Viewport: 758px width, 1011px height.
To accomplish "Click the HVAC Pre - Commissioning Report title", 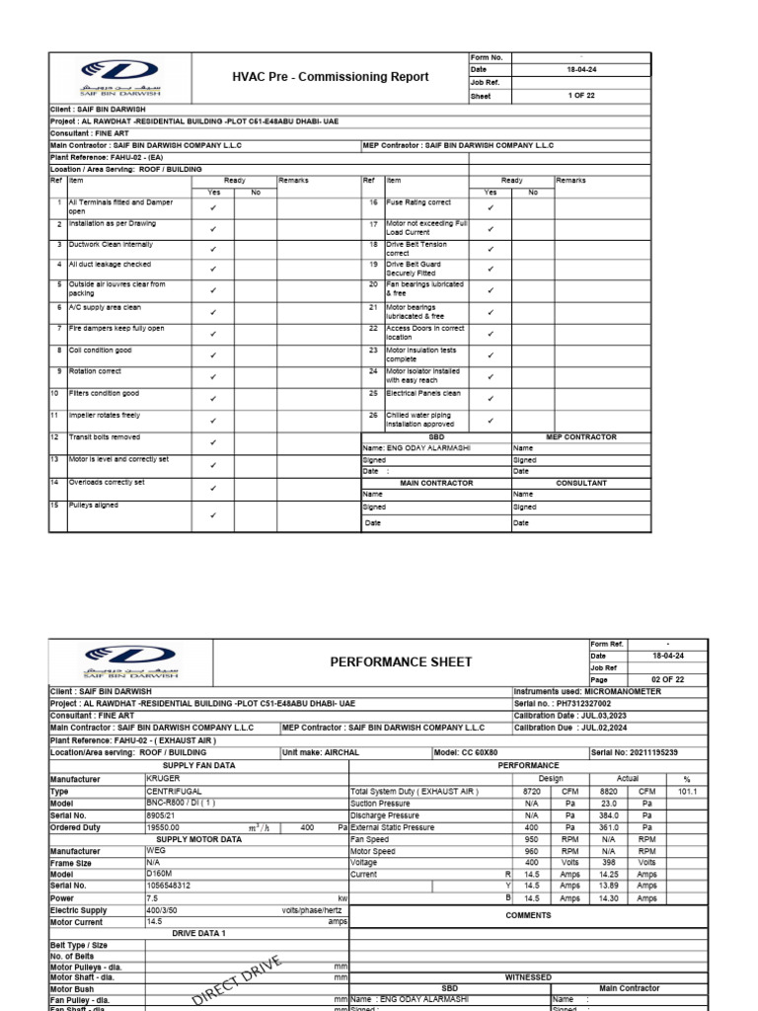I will pos(330,77).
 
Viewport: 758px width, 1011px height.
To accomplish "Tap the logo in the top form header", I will pos(125,75).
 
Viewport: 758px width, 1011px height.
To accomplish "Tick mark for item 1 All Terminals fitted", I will pos(214,208).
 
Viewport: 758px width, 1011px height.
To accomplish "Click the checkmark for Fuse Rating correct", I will pos(491,208).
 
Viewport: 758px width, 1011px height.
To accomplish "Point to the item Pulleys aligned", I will pos(94,505).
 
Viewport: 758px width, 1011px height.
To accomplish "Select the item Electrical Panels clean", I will pos(423,393).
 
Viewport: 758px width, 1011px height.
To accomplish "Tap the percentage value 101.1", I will pos(687,791).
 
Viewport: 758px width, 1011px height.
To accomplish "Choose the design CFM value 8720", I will pos(531,791).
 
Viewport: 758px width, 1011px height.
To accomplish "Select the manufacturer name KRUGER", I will pos(163,778).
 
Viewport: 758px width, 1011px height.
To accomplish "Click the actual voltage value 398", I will pos(609,862).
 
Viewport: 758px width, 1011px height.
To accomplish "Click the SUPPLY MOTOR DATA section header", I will pos(198,838).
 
